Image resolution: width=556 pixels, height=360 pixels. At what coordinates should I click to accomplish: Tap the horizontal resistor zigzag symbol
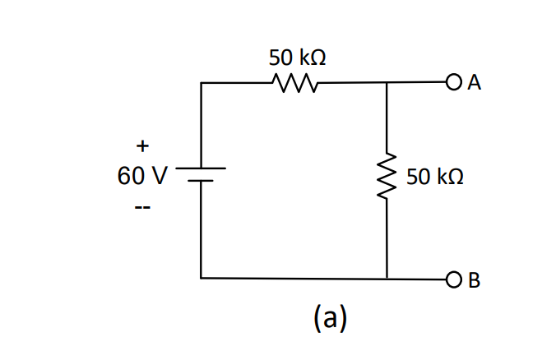click(x=294, y=83)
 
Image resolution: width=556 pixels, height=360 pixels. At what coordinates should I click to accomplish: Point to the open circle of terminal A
click(x=453, y=82)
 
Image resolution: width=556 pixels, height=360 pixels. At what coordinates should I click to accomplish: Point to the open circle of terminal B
click(x=453, y=279)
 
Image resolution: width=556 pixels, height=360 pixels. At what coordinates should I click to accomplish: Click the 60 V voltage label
click(x=142, y=176)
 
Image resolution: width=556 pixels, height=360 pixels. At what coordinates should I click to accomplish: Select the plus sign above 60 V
click(x=142, y=146)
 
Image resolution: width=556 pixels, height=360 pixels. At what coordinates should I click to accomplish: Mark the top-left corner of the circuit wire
click(x=201, y=83)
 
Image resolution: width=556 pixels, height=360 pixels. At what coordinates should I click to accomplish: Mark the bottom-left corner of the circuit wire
click(x=201, y=279)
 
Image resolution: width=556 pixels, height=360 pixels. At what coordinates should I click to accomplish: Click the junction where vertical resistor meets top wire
click(x=387, y=83)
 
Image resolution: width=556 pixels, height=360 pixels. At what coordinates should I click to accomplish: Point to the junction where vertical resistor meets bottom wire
click(x=387, y=279)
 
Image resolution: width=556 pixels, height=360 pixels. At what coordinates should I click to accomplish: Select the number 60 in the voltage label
click(x=132, y=176)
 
